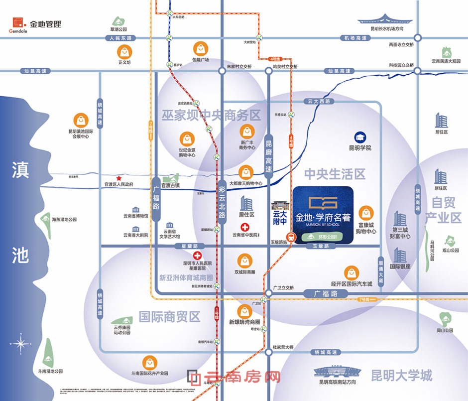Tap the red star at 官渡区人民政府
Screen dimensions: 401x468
[x=119, y=178]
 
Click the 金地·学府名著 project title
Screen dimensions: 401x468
[x=323, y=218]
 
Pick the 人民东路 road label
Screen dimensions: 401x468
[x=122, y=38]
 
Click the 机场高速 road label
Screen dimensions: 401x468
[x=355, y=38]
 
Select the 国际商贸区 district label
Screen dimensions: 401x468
[x=169, y=316]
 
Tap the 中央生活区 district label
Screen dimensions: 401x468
[x=335, y=174]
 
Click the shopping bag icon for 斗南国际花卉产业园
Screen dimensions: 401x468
[x=149, y=363]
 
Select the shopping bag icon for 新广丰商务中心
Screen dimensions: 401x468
[x=247, y=132]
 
